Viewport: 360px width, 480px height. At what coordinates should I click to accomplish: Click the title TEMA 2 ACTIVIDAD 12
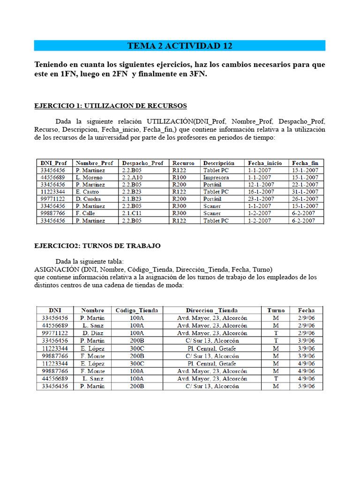(180, 45)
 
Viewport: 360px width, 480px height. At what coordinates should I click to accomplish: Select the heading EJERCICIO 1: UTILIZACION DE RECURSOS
(111, 105)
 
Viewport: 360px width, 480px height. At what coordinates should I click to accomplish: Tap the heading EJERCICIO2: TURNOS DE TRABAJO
(97, 246)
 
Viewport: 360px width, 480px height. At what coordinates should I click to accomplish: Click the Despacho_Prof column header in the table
(143, 163)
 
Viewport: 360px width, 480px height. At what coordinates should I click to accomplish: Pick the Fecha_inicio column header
(265, 163)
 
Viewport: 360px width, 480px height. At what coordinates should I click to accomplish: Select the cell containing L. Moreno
(89, 178)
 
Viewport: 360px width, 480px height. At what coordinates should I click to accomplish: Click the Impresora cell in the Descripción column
(216, 178)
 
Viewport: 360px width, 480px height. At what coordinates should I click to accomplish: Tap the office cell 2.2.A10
(133, 178)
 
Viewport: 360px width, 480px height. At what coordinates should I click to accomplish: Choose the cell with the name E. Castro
(88, 192)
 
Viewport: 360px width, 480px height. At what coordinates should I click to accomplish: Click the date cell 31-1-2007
(305, 192)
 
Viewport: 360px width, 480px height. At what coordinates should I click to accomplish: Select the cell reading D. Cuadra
(89, 199)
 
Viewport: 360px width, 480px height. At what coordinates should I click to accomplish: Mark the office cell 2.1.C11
(132, 213)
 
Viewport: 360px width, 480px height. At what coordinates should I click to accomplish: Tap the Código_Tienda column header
(137, 310)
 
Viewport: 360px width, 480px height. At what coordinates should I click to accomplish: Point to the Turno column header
(276, 310)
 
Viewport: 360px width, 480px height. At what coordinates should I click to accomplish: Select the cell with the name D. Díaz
(92, 333)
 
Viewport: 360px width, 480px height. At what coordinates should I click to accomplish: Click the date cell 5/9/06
(306, 386)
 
